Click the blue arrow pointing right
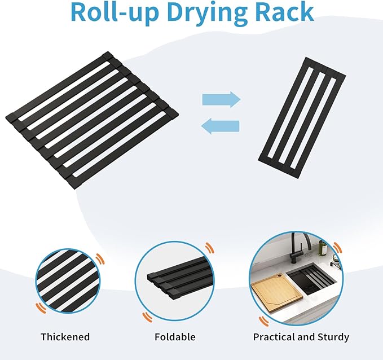221,99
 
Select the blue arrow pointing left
220,126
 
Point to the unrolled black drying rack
92,120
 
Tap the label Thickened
65,337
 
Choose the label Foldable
175,337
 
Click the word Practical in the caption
274,337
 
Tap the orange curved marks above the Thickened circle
100,259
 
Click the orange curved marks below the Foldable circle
148,317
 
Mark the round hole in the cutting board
279,277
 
